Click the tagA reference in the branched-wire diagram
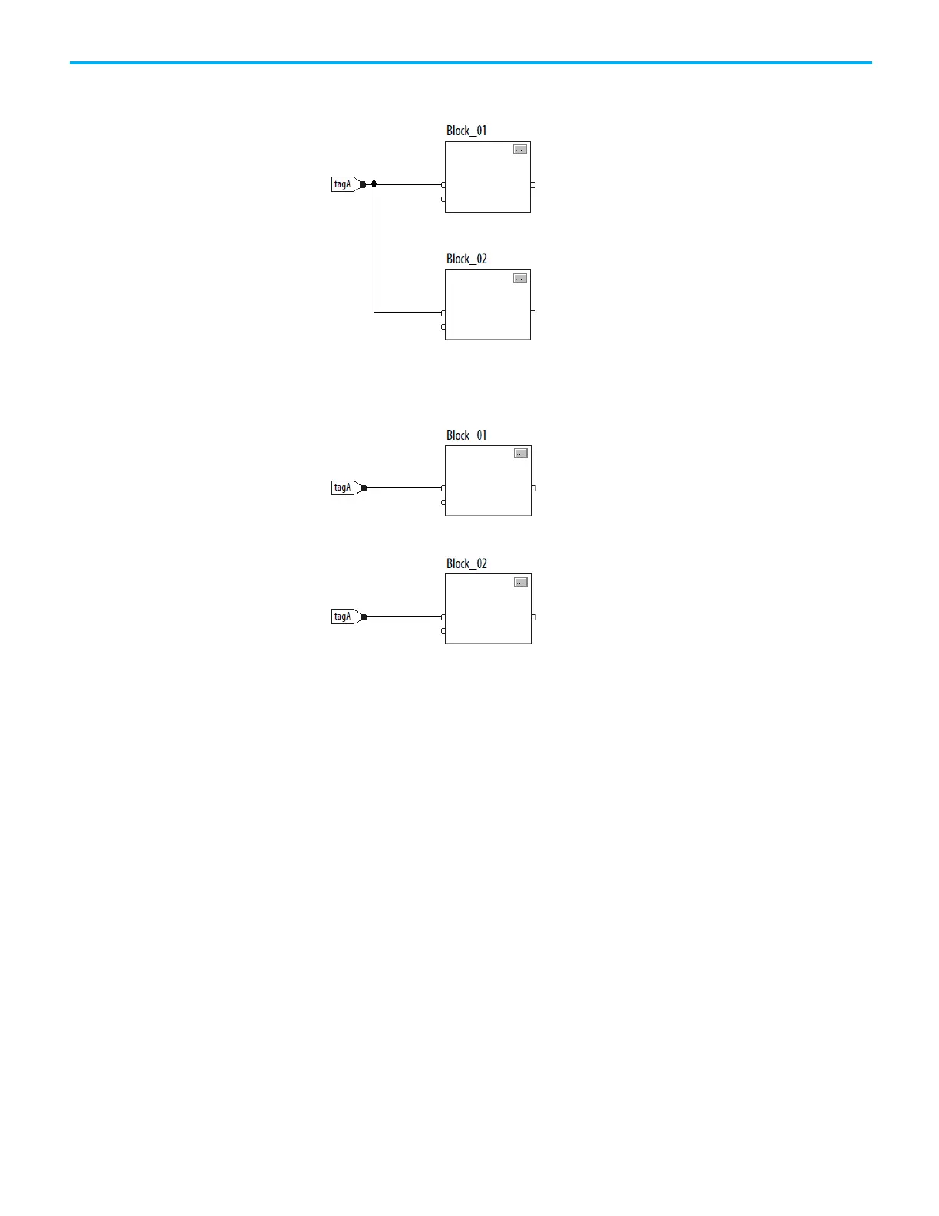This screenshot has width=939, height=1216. point(343,184)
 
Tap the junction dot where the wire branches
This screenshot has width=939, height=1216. point(374,184)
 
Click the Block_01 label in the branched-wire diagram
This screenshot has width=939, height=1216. point(466,131)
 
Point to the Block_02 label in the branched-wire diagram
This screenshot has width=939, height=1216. point(466,259)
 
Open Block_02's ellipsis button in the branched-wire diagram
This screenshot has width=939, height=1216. point(520,278)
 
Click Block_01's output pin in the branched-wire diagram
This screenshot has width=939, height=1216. point(532,185)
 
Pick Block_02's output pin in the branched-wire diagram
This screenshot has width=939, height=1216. point(532,313)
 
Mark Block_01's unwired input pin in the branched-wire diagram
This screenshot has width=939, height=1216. point(443,199)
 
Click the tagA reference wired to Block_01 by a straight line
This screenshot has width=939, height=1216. point(343,487)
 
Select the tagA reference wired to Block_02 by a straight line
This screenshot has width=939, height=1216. point(343,616)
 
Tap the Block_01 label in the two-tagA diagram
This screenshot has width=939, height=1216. point(466,435)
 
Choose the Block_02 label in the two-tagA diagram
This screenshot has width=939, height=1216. point(466,563)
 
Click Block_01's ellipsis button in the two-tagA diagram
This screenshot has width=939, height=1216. point(521,454)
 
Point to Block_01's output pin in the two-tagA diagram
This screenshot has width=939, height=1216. point(533,488)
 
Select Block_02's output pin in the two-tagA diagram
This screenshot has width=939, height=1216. point(533,617)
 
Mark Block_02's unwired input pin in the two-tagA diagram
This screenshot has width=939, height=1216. point(443,631)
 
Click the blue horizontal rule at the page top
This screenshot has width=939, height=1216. point(470,63)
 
